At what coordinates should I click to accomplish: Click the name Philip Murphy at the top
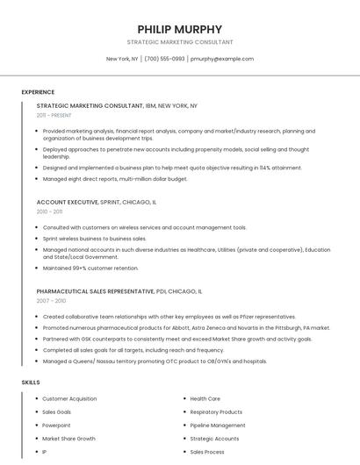pos(180,29)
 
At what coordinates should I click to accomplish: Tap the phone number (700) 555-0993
pos(164,59)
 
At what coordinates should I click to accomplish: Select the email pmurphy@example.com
pos(222,59)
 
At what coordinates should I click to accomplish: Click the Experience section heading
pos(38,92)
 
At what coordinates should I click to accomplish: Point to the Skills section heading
pos(31,383)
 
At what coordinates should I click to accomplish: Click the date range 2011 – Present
pos(54,115)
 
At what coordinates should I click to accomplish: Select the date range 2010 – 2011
pos(49,211)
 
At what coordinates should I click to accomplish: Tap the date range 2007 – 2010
pos(51,300)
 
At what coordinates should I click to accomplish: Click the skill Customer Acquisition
pos(69,398)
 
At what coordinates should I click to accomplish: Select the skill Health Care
pos(205,398)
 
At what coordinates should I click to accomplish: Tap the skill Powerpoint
pos(56,425)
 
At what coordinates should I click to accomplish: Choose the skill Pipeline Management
pos(218,425)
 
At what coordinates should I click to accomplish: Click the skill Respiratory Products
pos(216,411)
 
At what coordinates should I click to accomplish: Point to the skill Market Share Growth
pos(68,438)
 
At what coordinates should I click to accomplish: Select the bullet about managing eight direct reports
pos(115,179)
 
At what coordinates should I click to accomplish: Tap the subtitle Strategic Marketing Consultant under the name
pos(180,41)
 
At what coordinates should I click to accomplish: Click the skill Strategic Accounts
pos(214,438)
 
